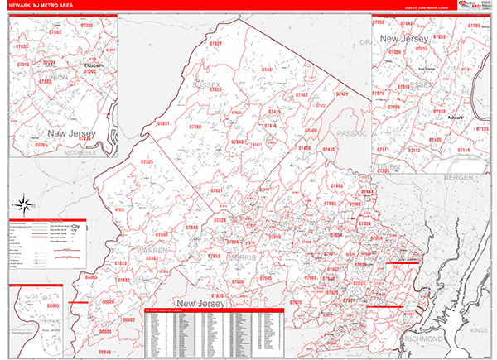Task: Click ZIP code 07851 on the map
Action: pos(163,123)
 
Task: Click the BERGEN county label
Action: pos(456,177)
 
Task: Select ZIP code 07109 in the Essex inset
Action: pos(473,26)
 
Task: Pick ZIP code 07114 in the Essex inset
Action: pos(464,150)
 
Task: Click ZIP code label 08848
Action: pos(104,353)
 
